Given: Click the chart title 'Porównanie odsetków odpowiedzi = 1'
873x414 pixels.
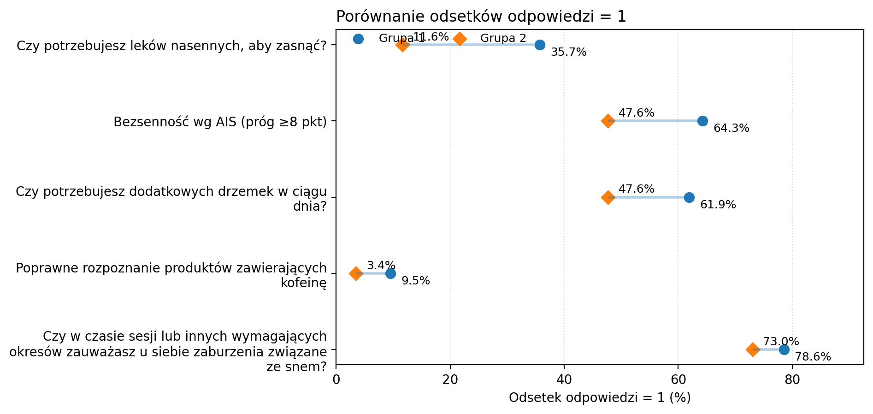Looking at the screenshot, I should (x=481, y=17).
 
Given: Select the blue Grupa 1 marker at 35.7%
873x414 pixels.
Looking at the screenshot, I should (x=540, y=45).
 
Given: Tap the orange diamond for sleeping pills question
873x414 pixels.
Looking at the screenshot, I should (x=402, y=45).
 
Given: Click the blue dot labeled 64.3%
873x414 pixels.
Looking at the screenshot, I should (x=702, y=121).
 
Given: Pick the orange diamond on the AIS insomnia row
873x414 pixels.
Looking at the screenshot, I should (x=608, y=121).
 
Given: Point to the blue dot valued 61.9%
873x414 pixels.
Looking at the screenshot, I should (x=689, y=197).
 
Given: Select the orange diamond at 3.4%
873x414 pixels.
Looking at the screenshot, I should (x=355, y=273).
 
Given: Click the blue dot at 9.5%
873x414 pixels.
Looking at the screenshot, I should (x=390, y=273).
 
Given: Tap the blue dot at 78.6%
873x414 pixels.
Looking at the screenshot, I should (x=784, y=349).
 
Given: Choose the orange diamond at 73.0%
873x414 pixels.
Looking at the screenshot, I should (x=752, y=349).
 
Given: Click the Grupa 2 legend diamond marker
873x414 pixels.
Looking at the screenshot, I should (x=460, y=39).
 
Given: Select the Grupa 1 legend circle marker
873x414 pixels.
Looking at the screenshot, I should (x=358, y=39).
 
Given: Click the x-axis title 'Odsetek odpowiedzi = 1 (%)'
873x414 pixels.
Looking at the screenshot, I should (x=600, y=398).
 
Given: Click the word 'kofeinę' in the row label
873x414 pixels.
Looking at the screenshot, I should (x=303, y=282).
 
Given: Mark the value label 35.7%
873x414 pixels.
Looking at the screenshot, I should (x=568, y=53).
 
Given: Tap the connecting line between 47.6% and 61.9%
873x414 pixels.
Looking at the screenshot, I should (x=649, y=197).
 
